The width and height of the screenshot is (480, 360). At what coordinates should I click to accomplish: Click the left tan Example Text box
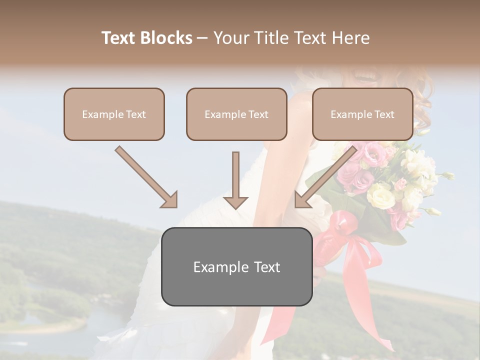click(x=114, y=114)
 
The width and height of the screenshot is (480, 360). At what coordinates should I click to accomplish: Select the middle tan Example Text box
click(x=236, y=114)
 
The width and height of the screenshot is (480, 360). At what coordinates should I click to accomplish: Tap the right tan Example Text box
click(x=362, y=114)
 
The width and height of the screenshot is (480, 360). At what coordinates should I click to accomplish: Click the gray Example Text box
click(x=236, y=266)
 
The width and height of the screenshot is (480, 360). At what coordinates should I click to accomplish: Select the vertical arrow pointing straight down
click(x=235, y=180)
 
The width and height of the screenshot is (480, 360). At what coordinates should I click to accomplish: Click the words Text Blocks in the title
click(x=147, y=38)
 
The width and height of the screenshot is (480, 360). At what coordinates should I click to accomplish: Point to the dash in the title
click(x=203, y=38)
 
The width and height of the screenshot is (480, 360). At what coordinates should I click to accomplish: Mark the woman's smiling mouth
click(x=363, y=76)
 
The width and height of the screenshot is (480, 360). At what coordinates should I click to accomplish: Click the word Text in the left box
click(x=135, y=114)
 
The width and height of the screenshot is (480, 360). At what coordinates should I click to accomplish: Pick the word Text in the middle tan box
click(x=258, y=114)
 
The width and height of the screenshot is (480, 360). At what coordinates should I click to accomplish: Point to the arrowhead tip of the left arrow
click(x=175, y=206)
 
